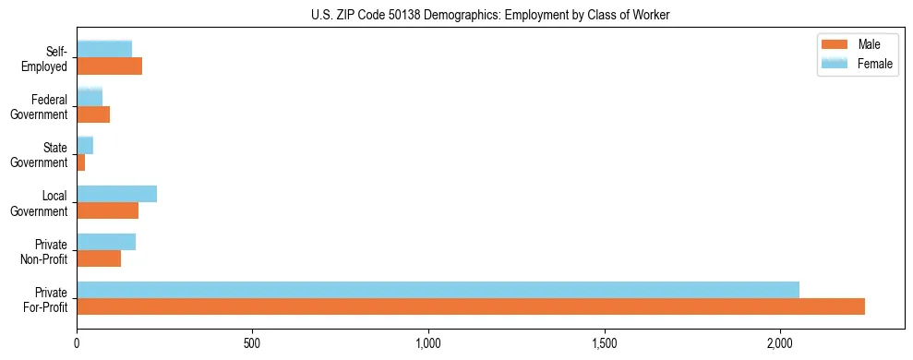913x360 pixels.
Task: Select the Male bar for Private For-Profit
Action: pos(471,306)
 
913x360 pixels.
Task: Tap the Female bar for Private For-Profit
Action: pos(438,290)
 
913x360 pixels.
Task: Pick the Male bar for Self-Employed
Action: pos(109,66)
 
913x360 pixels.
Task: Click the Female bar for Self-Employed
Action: pos(104,49)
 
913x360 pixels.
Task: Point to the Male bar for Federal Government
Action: pos(93,114)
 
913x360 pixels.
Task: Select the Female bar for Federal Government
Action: pos(90,97)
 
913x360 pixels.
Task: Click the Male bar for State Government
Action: pos(81,162)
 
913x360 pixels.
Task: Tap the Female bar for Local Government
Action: pos(116,194)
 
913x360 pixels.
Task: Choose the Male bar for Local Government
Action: pos(107,210)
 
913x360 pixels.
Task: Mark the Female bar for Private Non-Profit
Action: pos(106,242)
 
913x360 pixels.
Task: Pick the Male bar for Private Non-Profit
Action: pos(99,258)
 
